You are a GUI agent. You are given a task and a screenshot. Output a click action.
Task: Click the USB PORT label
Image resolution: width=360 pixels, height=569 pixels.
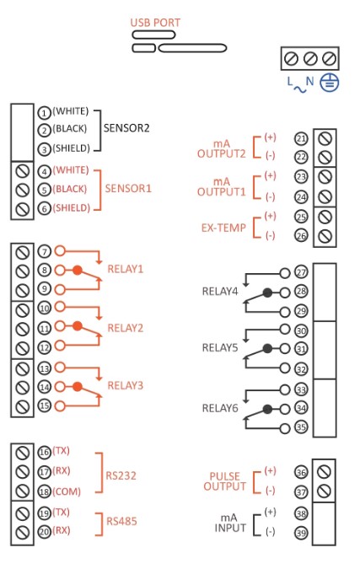pyautogui.click(x=155, y=23)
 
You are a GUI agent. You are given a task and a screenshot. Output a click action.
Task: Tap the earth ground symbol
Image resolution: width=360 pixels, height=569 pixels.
pyautogui.click(x=329, y=83)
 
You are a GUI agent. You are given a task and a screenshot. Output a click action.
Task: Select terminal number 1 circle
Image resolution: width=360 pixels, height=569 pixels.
pyautogui.click(x=44, y=113)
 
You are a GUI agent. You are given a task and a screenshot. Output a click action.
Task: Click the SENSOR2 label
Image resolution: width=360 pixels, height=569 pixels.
pyautogui.click(x=126, y=128)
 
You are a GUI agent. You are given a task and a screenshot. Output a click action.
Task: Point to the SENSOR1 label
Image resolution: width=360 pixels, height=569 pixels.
pyautogui.click(x=128, y=188)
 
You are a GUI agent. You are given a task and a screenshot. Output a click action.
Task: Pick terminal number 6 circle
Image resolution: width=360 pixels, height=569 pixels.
pyautogui.click(x=44, y=209)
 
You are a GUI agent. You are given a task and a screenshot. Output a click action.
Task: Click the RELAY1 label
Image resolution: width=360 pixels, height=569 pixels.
pyautogui.click(x=126, y=269)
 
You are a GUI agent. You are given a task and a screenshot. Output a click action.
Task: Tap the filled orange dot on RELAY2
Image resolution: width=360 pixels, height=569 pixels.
pyautogui.click(x=78, y=326)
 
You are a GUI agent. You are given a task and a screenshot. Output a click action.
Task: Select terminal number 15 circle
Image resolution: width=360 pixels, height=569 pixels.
pyautogui.click(x=45, y=405)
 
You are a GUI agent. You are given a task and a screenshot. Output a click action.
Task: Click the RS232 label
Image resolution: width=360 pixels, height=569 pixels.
pyautogui.click(x=121, y=475)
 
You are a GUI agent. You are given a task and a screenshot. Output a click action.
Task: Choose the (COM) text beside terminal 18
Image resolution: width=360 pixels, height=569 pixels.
pyautogui.click(x=67, y=491)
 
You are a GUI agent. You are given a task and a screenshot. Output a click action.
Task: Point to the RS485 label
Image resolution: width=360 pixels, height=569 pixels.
pyautogui.click(x=121, y=521)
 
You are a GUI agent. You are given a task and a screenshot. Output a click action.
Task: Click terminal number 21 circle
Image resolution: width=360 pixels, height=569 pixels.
pyautogui.click(x=301, y=138)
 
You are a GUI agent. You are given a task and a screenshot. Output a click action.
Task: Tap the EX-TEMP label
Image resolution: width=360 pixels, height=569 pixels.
pyautogui.click(x=223, y=228)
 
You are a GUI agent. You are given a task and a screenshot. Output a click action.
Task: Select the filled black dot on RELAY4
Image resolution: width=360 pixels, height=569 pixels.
pyautogui.click(x=267, y=293)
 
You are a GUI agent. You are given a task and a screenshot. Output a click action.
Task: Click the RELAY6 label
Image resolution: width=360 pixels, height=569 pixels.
pyautogui.click(x=220, y=408)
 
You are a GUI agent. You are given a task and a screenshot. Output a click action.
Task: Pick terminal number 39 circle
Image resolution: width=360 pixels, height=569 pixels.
pyautogui.click(x=301, y=533)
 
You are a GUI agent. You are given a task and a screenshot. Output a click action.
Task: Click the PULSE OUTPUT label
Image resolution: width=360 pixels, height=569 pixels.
pyautogui.click(x=224, y=481)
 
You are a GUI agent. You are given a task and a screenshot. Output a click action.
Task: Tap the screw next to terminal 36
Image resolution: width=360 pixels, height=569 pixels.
pyautogui.click(x=324, y=472)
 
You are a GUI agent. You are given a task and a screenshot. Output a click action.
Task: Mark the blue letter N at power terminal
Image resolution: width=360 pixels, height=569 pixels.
pyautogui.click(x=309, y=81)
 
